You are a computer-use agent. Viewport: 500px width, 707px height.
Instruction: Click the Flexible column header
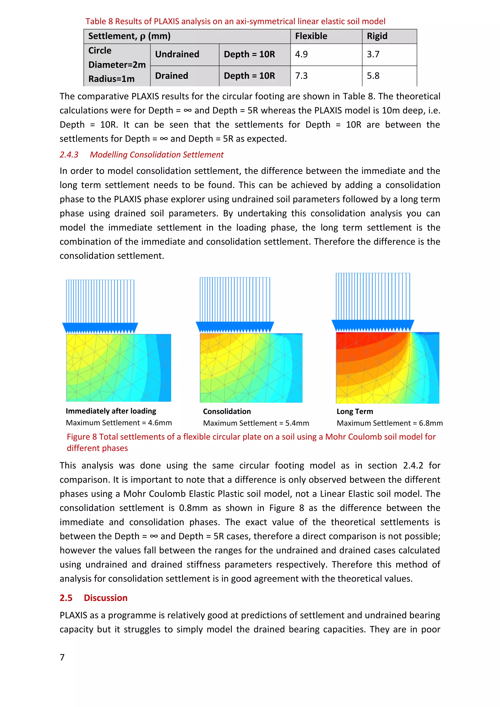click(311, 36)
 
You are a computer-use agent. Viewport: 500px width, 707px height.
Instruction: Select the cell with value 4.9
click(301, 54)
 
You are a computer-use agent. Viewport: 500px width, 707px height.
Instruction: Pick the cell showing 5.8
click(373, 76)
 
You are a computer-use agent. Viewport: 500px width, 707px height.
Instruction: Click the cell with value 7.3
click(301, 76)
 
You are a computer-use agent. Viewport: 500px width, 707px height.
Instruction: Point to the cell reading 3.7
click(373, 54)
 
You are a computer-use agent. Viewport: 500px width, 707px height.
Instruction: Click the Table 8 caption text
click(235, 21)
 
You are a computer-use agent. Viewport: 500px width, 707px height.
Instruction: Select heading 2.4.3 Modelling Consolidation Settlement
click(141, 155)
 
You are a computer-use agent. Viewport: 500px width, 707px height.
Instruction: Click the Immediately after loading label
click(111, 411)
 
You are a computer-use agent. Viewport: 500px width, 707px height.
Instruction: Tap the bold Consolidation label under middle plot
click(227, 411)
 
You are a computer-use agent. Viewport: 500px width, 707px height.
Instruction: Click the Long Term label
click(354, 411)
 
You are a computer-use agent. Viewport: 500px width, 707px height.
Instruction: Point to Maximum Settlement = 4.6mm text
click(119, 423)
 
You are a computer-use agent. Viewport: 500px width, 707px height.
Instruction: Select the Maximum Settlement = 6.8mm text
click(389, 423)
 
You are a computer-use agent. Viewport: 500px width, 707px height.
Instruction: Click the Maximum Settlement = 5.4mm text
click(256, 423)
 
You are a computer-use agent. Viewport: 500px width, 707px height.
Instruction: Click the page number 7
click(62, 657)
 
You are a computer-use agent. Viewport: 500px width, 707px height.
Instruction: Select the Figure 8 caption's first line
click(251, 437)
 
